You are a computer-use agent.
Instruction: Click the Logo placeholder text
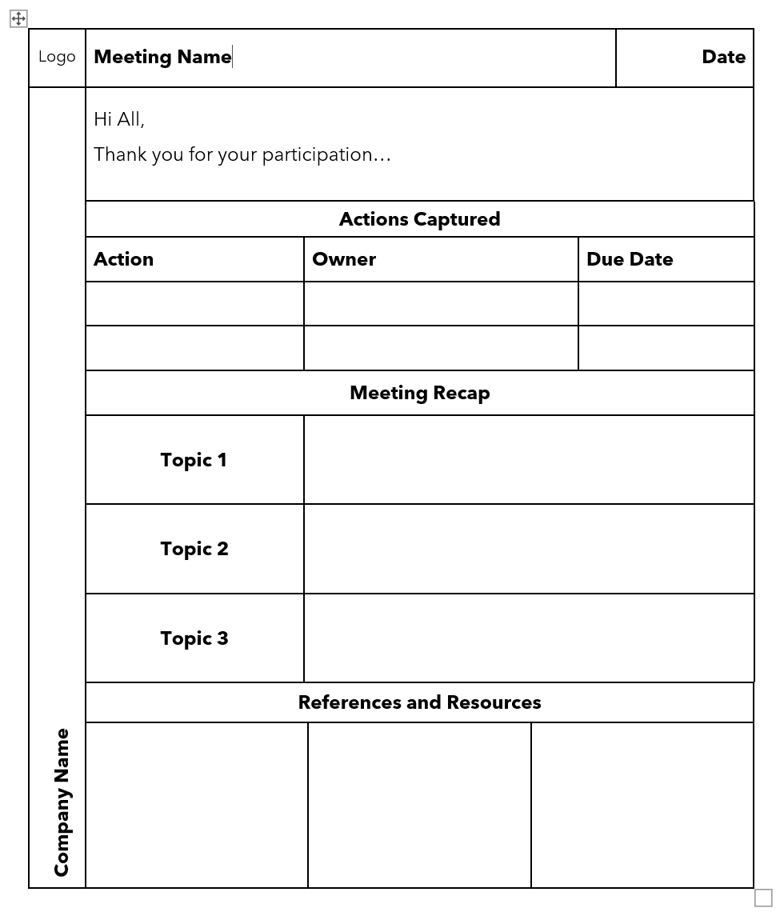pyautogui.click(x=57, y=57)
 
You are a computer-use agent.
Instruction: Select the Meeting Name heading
pyautogui.click(x=162, y=57)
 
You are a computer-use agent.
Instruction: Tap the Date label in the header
pyautogui.click(x=723, y=57)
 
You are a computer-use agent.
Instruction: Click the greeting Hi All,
pyautogui.click(x=119, y=119)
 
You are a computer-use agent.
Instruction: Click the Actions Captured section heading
pyautogui.click(x=419, y=219)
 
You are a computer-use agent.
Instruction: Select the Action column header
pyautogui.click(x=123, y=259)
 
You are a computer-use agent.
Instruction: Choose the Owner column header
pyautogui.click(x=344, y=259)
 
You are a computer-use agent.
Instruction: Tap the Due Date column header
pyautogui.click(x=630, y=259)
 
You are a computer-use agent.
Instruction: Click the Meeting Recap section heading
pyautogui.click(x=419, y=393)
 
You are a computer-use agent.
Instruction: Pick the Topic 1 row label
pyautogui.click(x=194, y=460)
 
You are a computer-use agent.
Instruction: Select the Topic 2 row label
pyautogui.click(x=194, y=549)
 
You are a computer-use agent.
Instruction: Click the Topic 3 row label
pyautogui.click(x=194, y=638)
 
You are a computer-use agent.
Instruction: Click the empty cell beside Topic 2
pyautogui.click(x=529, y=549)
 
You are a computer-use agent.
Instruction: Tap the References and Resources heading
pyautogui.click(x=419, y=702)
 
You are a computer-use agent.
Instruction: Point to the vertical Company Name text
pyautogui.click(x=62, y=802)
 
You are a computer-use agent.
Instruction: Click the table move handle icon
pyautogui.click(x=18, y=18)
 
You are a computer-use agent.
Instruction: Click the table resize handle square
pyautogui.click(x=763, y=898)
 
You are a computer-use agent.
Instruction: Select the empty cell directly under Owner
pyautogui.click(x=441, y=304)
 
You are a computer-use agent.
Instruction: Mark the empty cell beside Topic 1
pyautogui.click(x=529, y=460)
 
